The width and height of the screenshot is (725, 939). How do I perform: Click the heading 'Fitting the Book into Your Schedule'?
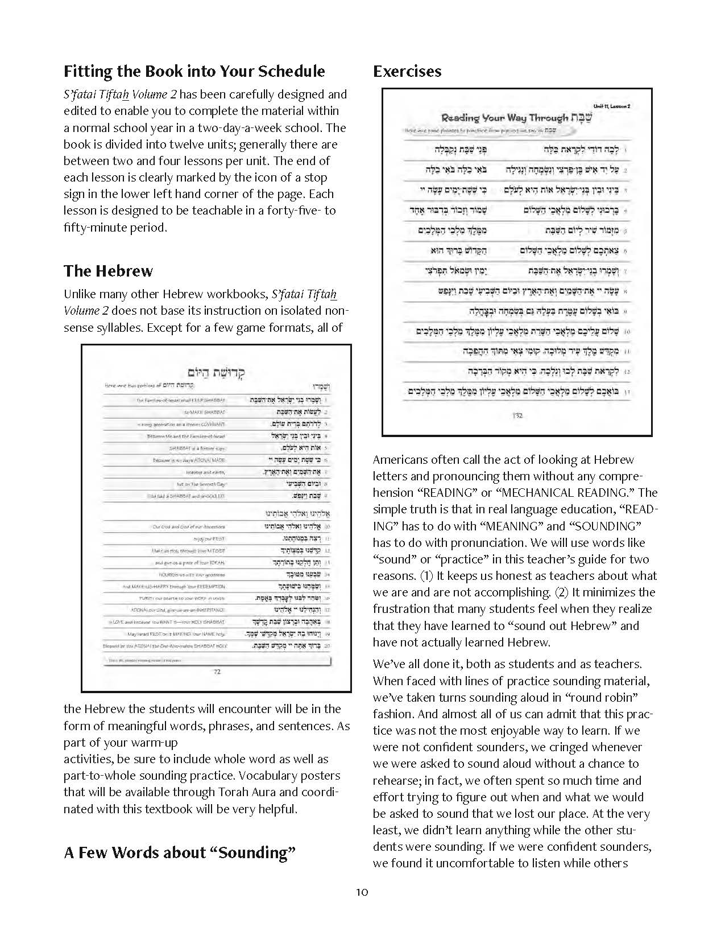tap(194, 71)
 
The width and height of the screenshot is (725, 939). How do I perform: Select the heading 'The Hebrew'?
tap(108, 270)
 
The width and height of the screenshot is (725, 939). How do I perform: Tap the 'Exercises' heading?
tap(407, 71)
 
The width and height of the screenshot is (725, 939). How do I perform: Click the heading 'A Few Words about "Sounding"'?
tap(180, 852)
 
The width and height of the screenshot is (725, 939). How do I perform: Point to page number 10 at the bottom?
tap(362, 892)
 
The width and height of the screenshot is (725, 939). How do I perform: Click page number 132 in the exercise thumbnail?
tap(517, 415)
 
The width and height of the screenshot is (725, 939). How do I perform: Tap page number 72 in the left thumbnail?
tap(217, 672)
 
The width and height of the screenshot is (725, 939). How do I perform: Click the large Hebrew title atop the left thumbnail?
tap(217, 373)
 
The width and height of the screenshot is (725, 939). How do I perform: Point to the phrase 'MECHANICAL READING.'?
tap(575, 493)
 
